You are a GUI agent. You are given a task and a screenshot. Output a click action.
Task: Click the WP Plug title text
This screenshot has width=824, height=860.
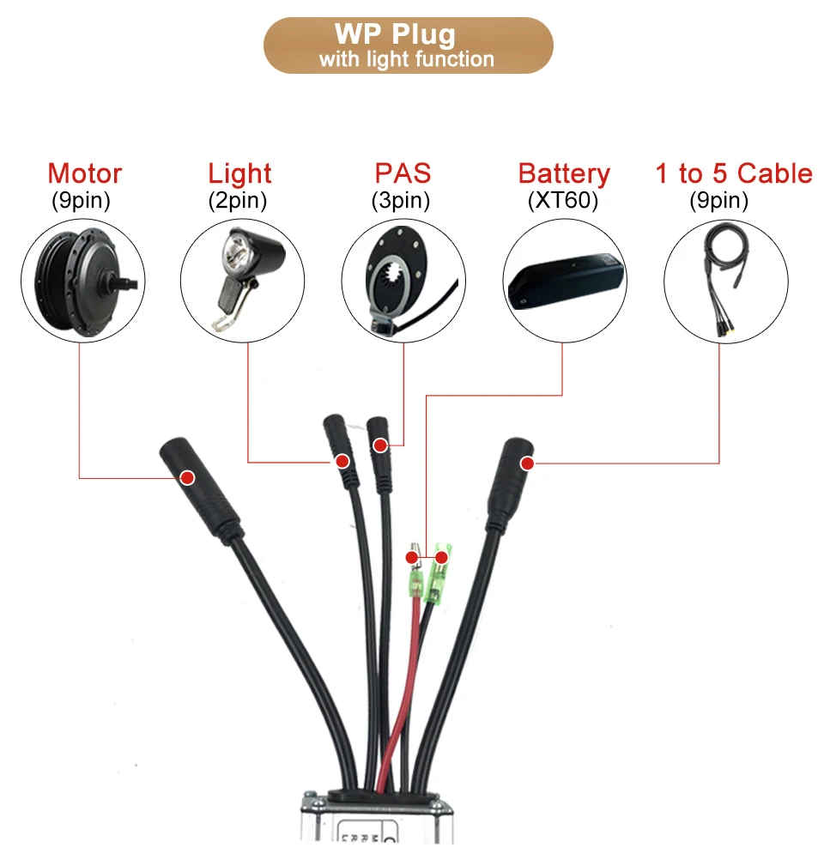(x=407, y=35)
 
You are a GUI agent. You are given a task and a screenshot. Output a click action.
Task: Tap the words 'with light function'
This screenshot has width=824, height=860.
(x=407, y=59)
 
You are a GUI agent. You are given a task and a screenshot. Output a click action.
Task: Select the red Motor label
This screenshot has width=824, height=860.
(x=85, y=173)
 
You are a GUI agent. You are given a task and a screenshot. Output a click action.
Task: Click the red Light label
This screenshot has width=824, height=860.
(x=239, y=173)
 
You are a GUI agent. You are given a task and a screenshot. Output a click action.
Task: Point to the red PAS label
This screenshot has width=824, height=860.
(x=402, y=173)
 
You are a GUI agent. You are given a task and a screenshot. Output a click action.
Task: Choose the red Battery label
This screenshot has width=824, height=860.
(x=564, y=173)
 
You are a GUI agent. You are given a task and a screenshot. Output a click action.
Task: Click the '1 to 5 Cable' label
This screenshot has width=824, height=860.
(x=733, y=173)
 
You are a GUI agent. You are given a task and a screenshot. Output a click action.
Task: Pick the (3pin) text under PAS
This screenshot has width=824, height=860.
(x=400, y=201)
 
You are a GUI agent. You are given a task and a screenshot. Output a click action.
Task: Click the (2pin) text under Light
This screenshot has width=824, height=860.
(x=238, y=201)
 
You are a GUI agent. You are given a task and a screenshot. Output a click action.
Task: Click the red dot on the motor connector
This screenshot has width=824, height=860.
(x=185, y=476)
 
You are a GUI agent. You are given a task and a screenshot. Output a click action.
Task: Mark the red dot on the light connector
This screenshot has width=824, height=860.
(x=342, y=462)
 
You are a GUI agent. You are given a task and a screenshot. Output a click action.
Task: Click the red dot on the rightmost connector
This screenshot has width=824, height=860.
(x=527, y=463)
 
